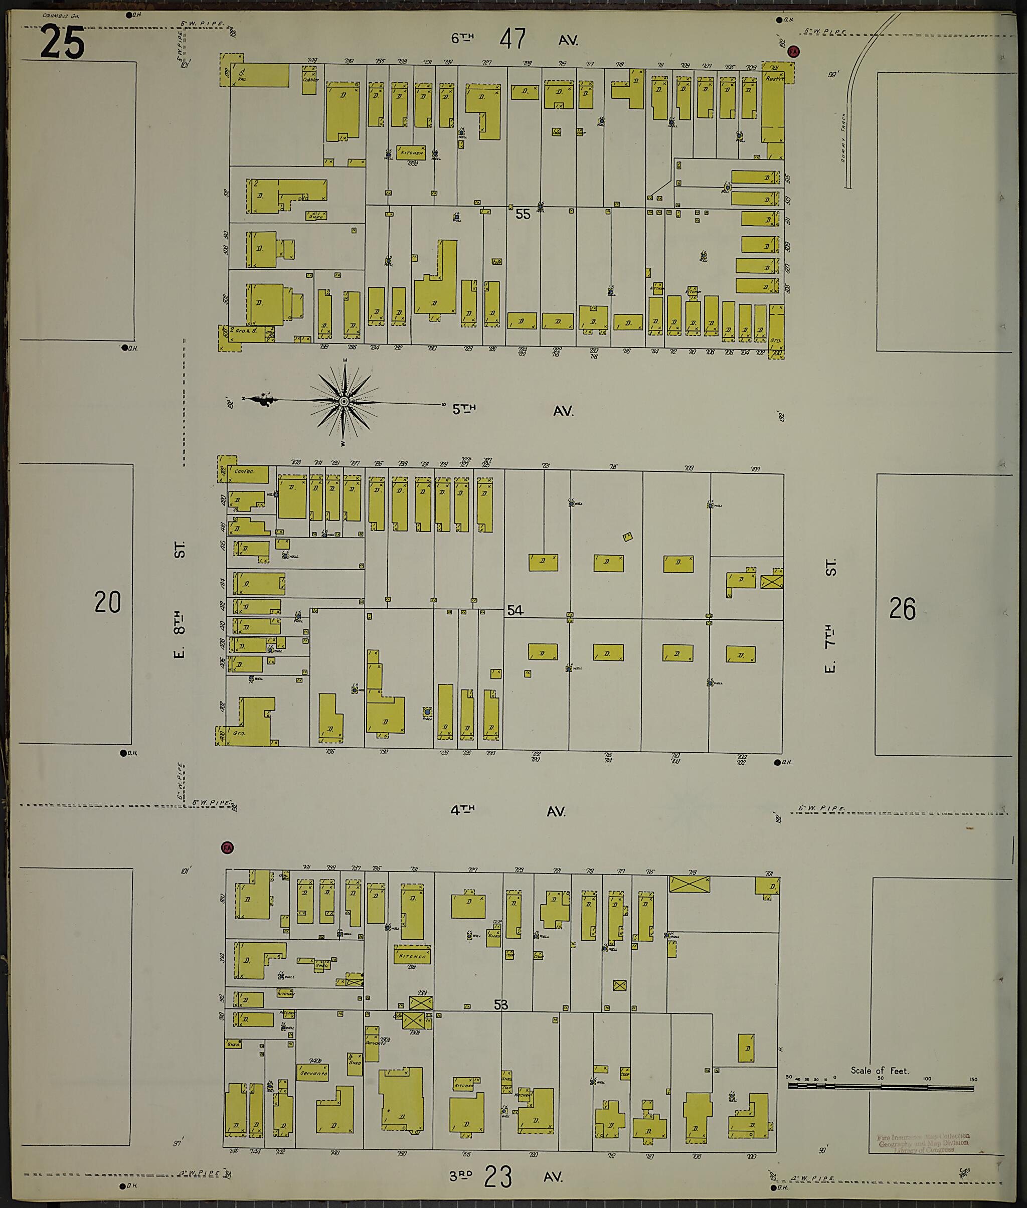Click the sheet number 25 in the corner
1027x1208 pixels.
click(x=62, y=44)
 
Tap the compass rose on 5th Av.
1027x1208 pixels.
click(x=344, y=402)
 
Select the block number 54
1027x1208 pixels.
click(x=515, y=610)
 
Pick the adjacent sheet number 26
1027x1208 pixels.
click(x=903, y=608)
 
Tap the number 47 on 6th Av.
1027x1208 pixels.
click(x=512, y=40)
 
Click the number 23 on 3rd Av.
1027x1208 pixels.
click(x=498, y=1176)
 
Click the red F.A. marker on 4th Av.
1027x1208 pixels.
click(x=227, y=847)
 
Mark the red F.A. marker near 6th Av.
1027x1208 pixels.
click(x=792, y=52)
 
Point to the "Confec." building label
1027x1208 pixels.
click(x=245, y=471)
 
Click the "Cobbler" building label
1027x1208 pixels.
click(x=310, y=80)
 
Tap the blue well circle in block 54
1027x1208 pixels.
click(x=428, y=712)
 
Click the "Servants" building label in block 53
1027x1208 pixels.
click(x=312, y=1073)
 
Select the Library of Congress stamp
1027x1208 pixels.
click(x=923, y=1142)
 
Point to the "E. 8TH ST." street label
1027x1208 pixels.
click(x=180, y=600)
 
